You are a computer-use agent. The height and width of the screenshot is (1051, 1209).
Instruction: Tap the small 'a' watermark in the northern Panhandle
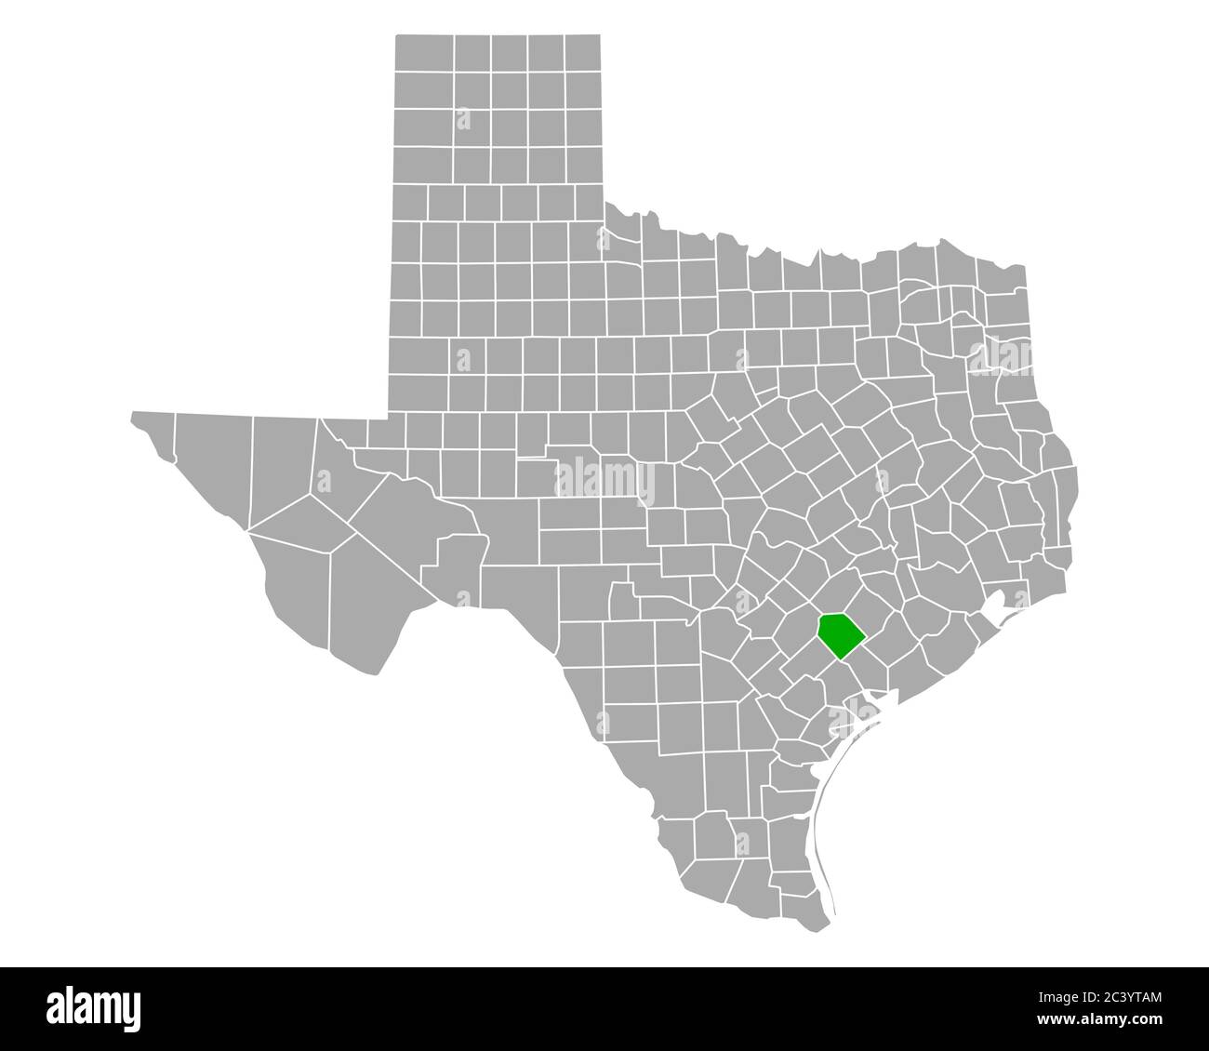(x=462, y=119)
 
